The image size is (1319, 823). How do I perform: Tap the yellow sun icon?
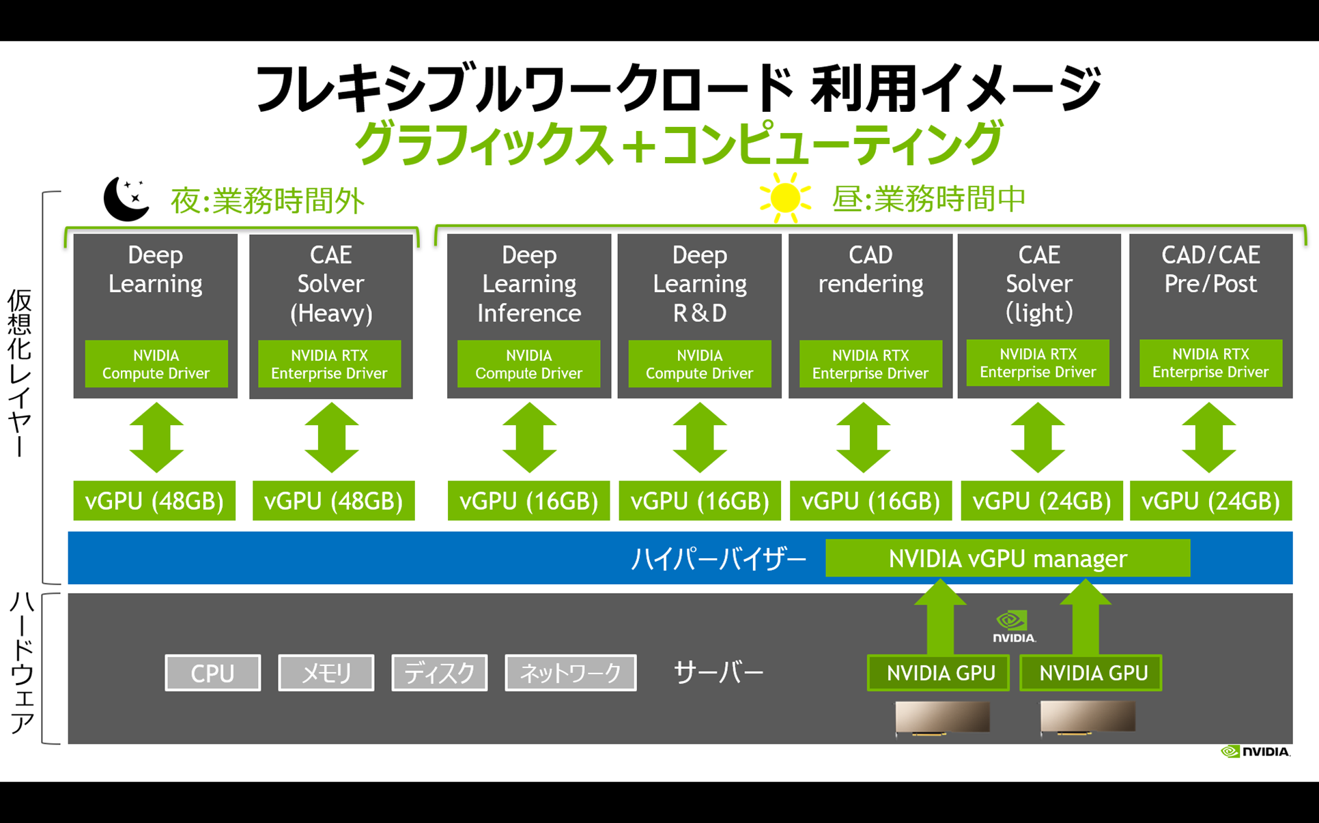coord(784,198)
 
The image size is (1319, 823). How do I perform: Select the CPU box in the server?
coord(212,673)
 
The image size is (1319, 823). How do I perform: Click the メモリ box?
coord(326,673)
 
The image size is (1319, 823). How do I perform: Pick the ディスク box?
coord(439,673)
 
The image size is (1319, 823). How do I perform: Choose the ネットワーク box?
coord(570,673)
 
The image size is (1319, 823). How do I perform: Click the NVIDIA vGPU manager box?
coord(1007,558)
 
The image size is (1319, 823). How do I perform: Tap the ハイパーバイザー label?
coord(718,559)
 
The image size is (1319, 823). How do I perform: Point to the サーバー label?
coord(718,672)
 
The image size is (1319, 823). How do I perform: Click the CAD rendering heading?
coord(870,270)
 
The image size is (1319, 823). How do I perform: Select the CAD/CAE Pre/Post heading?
coord(1210,270)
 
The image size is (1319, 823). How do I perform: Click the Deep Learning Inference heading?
coord(529,284)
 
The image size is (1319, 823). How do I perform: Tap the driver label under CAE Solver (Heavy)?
coord(329,364)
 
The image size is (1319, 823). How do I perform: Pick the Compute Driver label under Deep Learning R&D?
coord(699,364)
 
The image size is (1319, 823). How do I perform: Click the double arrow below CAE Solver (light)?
coord(1038,437)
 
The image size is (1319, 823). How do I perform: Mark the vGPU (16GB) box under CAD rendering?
coord(870,501)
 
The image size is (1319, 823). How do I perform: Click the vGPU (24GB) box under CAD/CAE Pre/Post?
coord(1210,501)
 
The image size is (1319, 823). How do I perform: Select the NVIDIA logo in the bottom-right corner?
coord(1255,751)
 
